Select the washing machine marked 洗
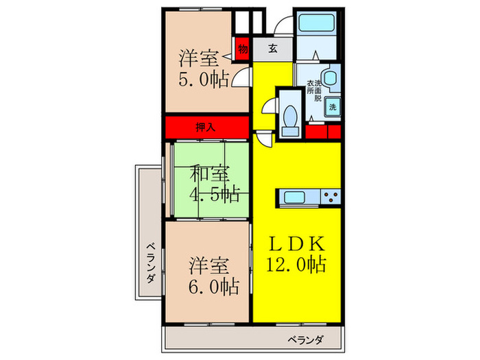tap(332, 106)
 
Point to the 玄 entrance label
tap(272, 49)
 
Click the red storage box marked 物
tap(242, 49)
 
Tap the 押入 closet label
tap(205, 127)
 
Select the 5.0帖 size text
tap(204, 80)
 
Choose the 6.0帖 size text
tap(213, 286)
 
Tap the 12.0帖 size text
tap(296, 265)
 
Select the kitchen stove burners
tap(330, 197)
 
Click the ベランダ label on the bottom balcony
tap(305, 339)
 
